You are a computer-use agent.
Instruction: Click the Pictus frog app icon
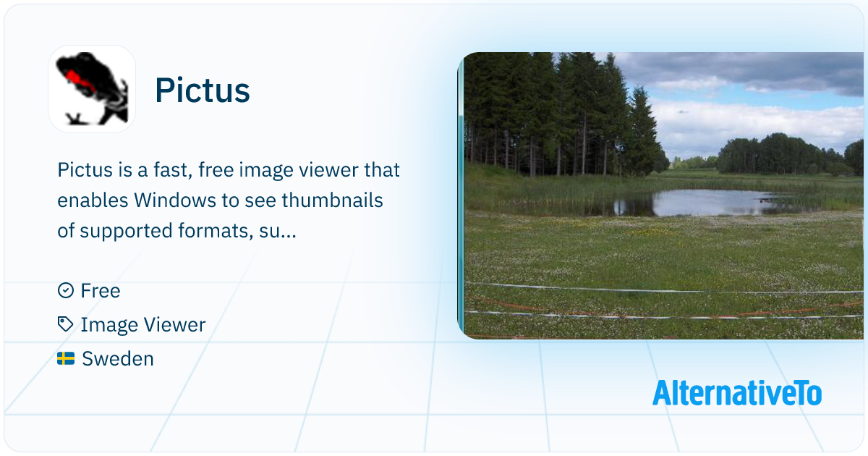coord(92,89)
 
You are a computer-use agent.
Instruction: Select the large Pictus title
coord(203,90)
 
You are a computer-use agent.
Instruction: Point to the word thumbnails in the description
coord(332,200)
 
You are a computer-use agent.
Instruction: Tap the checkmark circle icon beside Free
coord(66,290)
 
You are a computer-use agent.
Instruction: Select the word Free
coord(101,291)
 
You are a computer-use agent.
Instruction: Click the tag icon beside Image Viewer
coord(66,324)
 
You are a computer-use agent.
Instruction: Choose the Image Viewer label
coord(143,325)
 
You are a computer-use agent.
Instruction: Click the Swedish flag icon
coord(66,359)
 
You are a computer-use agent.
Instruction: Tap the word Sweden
coord(118,359)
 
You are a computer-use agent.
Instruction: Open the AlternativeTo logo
coord(737,393)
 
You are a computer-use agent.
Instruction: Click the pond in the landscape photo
coord(709,203)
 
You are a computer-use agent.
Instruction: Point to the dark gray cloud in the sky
coord(756,72)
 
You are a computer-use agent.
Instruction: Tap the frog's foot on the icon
coord(75,119)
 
